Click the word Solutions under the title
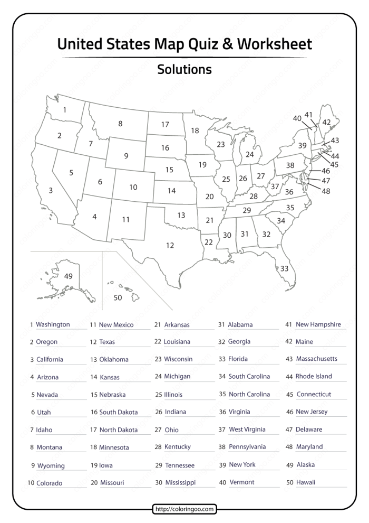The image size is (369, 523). (x=184, y=70)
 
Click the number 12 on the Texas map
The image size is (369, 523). (x=170, y=245)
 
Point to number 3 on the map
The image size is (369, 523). (x=51, y=191)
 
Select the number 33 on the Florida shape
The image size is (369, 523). (x=284, y=268)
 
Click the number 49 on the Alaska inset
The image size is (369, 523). (x=69, y=276)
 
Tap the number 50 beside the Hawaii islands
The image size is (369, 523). (x=118, y=298)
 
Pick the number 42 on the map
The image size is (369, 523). (x=326, y=122)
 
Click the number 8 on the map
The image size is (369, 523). (x=120, y=124)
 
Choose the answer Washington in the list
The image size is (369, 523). (x=53, y=324)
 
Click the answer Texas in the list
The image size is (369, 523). (x=107, y=342)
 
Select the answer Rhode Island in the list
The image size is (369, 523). (x=313, y=377)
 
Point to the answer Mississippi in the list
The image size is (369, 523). (x=180, y=482)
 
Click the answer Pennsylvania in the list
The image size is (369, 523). (x=247, y=447)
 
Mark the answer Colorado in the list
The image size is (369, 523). (x=49, y=483)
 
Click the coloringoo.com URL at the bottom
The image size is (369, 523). (x=184, y=509)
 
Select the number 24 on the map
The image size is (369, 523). (x=249, y=155)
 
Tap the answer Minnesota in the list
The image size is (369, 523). (x=114, y=447)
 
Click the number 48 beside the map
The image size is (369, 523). (x=325, y=191)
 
